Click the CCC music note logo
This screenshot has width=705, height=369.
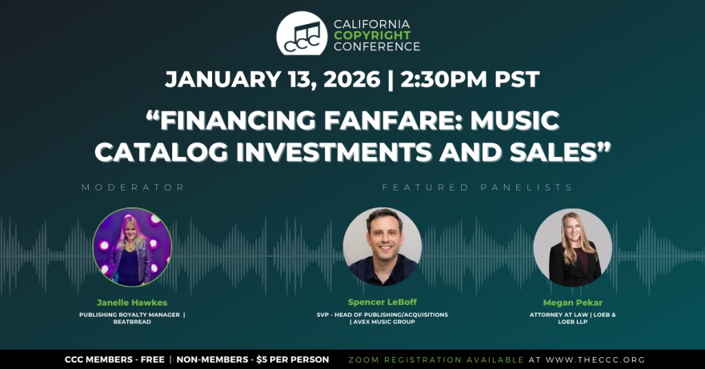click(x=302, y=34)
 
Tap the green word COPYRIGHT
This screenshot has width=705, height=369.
click(x=372, y=35)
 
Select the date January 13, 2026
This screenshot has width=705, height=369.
click(x=273, y=80)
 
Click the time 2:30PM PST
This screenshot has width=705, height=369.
click(x=470, y=80)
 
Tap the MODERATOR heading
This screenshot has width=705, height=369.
click(x=133, y=187)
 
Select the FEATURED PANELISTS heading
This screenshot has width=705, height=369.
click(x=477, y=187)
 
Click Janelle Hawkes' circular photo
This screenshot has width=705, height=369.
click(x=132, y=246)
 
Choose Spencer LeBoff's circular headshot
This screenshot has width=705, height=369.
click(x=383, y=246)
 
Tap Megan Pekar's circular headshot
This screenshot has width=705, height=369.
click(x=573, y=248)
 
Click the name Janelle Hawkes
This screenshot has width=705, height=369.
click(x=132, y=302)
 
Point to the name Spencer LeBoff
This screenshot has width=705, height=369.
click(x=383, y=302)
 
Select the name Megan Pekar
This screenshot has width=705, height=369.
click(x=572, y=302)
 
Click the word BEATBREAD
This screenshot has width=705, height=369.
click(x=132, y=321)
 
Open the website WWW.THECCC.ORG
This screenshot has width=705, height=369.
click(x=596, y=360)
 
